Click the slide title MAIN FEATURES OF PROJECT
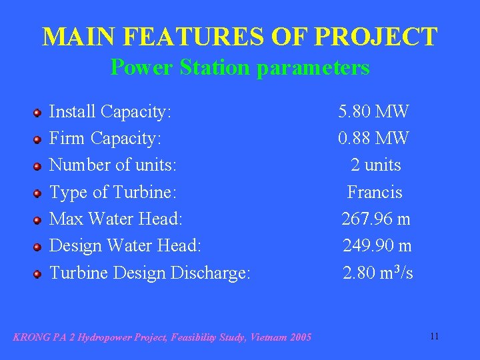[240, 37]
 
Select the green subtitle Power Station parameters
[240, 67]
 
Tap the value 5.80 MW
[373, 111]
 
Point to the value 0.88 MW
[373, 138]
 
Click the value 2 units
[376, 165]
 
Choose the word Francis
[375, 192]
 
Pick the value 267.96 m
[376, 219]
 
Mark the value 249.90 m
[377, 245]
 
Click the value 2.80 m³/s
[378, 272]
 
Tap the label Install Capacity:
[111, 111]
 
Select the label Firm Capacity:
[105, 138]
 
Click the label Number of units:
[113, 165]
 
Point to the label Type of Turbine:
[113, 192]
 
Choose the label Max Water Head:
[116, 219]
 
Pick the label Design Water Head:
[125, 245]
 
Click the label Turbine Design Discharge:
[150, 272]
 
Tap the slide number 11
[434, 336]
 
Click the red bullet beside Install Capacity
[39, 113]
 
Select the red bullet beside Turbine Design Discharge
[39, 273]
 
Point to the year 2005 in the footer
[300, 337]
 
